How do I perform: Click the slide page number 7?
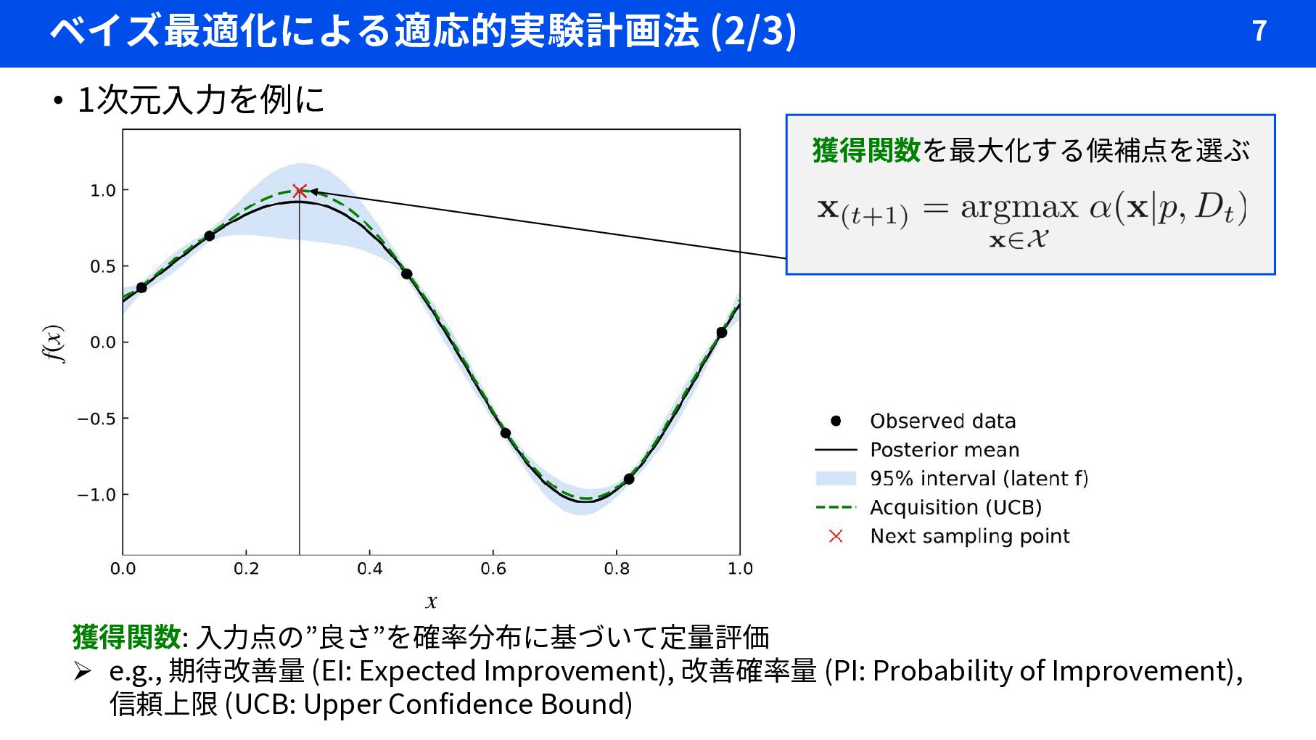1259,30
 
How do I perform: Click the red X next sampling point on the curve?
300,191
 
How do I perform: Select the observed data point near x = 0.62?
506,433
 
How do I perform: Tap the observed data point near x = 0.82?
629,479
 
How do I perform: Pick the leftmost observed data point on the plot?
141,288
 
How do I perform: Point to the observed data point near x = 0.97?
721,333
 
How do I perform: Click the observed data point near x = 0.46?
407,274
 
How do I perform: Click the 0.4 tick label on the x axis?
369,569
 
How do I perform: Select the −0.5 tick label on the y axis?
96,419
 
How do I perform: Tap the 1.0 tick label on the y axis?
103,190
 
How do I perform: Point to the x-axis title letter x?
432,601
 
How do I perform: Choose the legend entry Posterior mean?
945,450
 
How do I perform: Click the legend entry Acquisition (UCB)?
955,507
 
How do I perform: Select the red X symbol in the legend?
836,536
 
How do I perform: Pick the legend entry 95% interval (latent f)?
979,479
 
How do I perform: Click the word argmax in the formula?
1019,207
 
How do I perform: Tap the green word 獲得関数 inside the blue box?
866,150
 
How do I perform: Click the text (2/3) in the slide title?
754,31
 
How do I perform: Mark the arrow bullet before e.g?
82,672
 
